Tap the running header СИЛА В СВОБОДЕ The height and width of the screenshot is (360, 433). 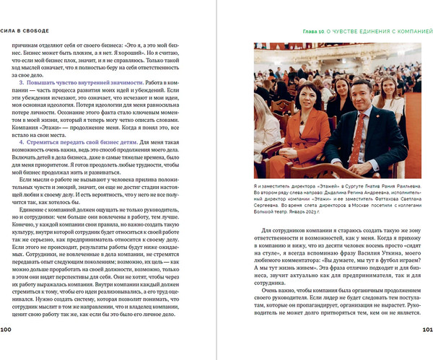pos(25,31)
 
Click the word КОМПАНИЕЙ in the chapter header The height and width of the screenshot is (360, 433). pos(408,32)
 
